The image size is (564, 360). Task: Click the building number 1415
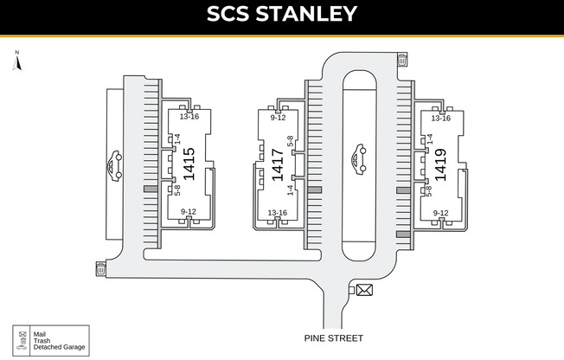189,164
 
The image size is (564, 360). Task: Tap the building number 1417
278,165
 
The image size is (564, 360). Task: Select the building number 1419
440,165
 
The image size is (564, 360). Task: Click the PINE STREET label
334,338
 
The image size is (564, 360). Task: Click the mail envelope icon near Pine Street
364,290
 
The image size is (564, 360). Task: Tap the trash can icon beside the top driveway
402,60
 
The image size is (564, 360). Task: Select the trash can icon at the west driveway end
101,268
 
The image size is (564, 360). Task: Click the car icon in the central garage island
359,159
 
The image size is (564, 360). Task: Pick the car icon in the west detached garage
115,166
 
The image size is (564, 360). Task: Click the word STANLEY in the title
306,14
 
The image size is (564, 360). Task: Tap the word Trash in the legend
42,341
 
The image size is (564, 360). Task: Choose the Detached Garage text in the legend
60,347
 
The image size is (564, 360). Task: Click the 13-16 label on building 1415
189,117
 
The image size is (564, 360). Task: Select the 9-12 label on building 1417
278,118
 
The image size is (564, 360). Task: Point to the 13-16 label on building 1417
278,213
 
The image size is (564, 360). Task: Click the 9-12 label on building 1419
440,213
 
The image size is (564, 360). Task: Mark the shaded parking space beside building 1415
151,189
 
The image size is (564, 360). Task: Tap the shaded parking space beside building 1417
315,190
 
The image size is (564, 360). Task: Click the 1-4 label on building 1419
429,139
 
